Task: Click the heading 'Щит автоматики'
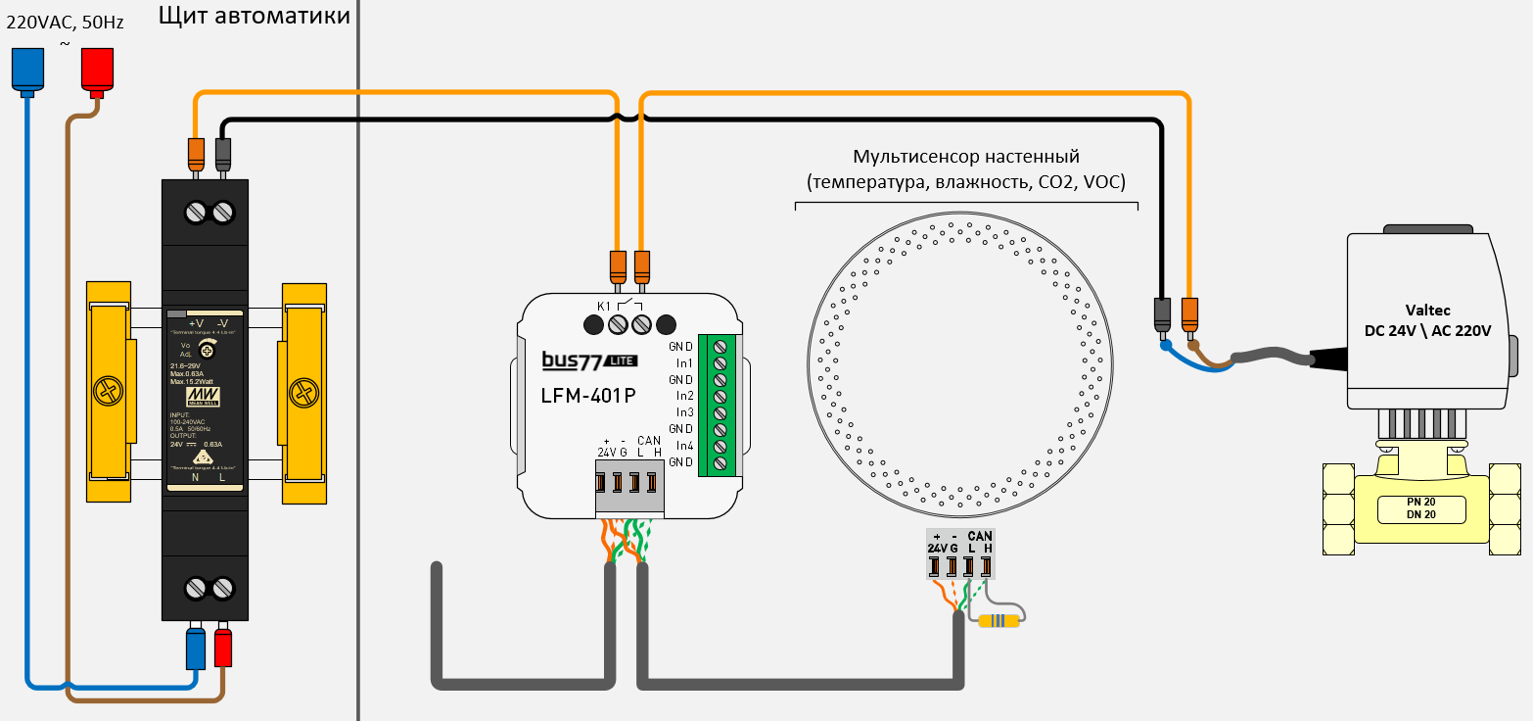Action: pyautogui.click(x=253, y=15)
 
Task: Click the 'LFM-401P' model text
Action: pyautogui.click(x=588, y=396)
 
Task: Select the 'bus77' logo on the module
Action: pyautogui.click(x=573, y=360)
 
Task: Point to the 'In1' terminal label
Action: pyautogui.click(x=684, y=362)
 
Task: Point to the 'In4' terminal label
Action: pyautogui.click(x=684, y=446)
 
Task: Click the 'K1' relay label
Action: pyautogui.click(x=603, y=306)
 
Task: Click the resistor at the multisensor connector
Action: pyautogui.click(x=999, y=619)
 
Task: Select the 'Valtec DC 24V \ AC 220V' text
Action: pyautogui.click(x=1426, y=320)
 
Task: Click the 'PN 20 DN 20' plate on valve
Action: pyautogui.click(x=1420, y=508)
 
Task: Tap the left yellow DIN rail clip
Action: pyautogui.click(x=108, y=392)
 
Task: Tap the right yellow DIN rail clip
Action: pyautogui.click(x=303, y=392)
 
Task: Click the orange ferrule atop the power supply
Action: pyautogui.click(x=196, y=153)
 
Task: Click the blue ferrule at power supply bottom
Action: pyautogui.click(x=196, y=648)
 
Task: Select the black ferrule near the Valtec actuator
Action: pyautogui.click(x=1163, y=315)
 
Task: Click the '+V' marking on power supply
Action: pyautogui.click(x=195, y=323)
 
